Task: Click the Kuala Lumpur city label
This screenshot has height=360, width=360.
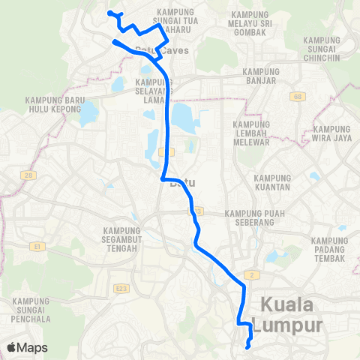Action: (293, 316)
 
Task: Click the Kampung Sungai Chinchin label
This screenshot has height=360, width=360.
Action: (324, 48)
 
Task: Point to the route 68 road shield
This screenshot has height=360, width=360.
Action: (297, 97)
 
